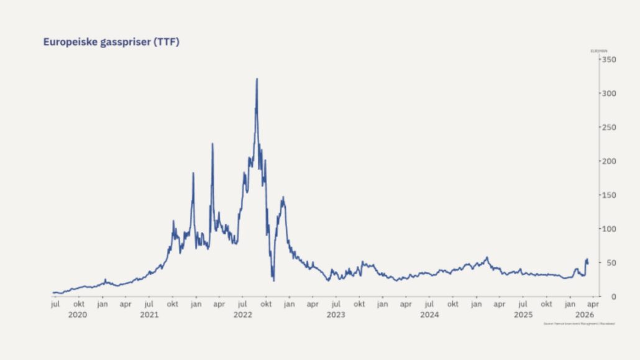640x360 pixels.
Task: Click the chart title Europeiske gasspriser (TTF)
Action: (111, 42)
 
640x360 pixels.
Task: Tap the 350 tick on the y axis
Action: (608, 59)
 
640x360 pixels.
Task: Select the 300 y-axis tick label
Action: (608, 93)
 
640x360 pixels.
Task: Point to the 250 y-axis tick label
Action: (608, 127)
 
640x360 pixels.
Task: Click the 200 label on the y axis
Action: (608, 161)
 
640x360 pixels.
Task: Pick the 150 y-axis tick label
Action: (608, 195)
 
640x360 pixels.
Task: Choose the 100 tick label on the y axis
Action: (608, 229)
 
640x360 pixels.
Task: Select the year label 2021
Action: (149, 315)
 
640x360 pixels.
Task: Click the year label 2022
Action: (242, 315)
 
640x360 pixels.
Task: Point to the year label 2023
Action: (336, 315)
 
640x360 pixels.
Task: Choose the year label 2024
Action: (429, 315)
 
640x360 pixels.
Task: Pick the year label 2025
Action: (523, 315)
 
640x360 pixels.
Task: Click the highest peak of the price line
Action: (257, 79)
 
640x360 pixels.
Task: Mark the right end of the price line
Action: (588, 263)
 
